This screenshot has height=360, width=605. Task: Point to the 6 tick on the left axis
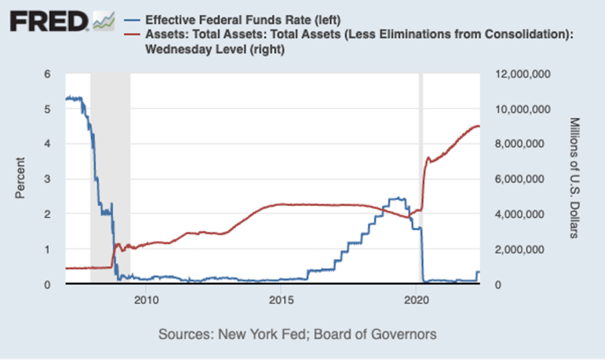click(48, 74)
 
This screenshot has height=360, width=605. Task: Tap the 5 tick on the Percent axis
click(48, 109)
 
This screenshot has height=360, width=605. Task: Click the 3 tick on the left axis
click(48, 179)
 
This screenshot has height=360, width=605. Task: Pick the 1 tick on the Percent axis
click(48, 249)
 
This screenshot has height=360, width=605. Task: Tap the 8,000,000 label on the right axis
click(521, 144)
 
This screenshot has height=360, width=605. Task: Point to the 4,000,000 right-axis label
click(521, 214)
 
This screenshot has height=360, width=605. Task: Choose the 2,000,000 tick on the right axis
click(521, 249)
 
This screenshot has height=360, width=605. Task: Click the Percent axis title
click(21, 178)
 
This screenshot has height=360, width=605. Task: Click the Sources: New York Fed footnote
click(297, 334)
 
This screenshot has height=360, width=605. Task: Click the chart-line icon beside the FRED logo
click(104, 21)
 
